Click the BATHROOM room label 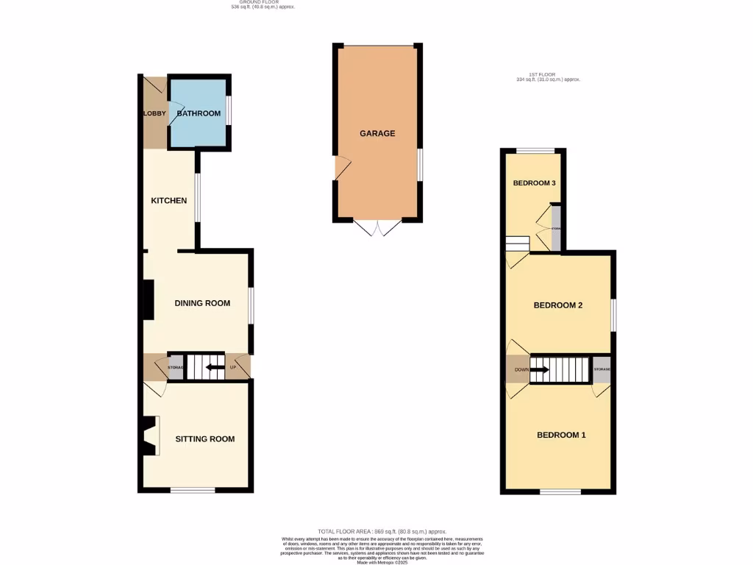click(199, 113)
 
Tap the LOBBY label click(154, 113)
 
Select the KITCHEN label click(168, 201)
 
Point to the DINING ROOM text click(202, 303)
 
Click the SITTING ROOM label click(204, 439)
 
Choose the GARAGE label click(377, 134)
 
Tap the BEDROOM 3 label click(534, 183)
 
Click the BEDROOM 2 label click(558, 305)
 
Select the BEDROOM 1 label click(561, 435)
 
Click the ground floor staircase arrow click(215, 367)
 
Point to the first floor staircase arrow click(540, 369)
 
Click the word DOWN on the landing click(521, 369)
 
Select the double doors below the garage click(377, 228)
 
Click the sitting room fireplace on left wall click(150, 435)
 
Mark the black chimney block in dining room click(148, 300)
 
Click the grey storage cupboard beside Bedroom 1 click(602, 369)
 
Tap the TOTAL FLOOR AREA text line click(382, 531)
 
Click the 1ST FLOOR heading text click(548, 76)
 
